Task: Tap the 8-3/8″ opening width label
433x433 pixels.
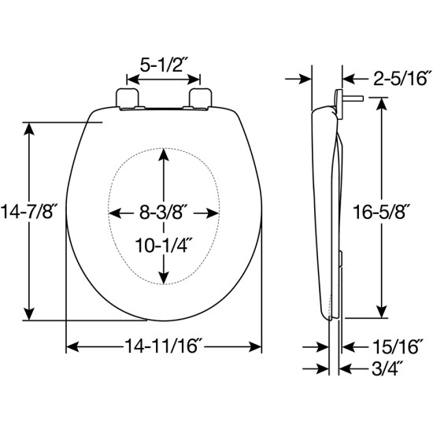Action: tap(164, 212)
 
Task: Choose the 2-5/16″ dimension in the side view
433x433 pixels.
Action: tap(391, 78)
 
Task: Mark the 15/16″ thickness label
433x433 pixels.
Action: tap(391, 347)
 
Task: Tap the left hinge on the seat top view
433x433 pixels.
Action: tap(127, 98)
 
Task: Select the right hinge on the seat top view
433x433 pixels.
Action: tap(201, 98)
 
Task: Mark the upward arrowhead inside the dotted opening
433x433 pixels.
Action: tap(164, 155)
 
